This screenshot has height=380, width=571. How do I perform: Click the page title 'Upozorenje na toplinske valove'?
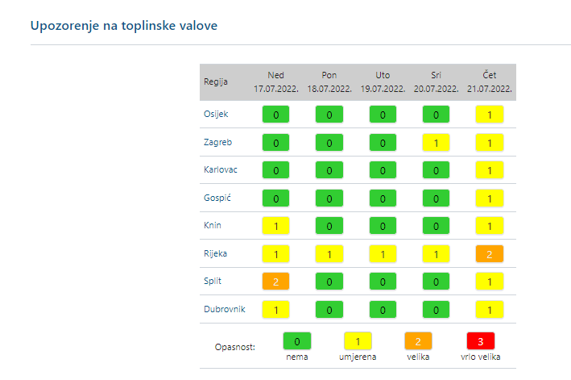[x=124, y=25]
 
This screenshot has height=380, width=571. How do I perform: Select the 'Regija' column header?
[x=215, y=81]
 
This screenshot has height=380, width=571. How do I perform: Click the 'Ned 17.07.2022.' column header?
[x=276, y=81]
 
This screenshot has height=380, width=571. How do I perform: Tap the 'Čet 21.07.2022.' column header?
[x=490, y=81]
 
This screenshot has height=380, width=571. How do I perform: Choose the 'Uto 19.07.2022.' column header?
[x=383, y=81]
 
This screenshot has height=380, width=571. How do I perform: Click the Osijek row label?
[x=216, y=115]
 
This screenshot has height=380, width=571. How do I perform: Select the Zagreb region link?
[x=217, y=142]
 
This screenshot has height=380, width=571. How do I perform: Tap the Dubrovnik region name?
[x=224, y=308]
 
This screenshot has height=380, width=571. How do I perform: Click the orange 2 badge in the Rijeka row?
[x=490, y=254]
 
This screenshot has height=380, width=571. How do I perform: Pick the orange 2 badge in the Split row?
[x=276, y=282]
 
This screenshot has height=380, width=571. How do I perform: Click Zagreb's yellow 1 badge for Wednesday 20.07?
[x=436, y=143]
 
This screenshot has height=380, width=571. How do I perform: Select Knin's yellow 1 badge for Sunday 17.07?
[x=276, y=226]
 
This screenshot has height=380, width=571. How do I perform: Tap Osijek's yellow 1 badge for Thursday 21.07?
[x=490, y=115]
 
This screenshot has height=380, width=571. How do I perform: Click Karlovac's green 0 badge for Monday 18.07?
[x=329, y=170]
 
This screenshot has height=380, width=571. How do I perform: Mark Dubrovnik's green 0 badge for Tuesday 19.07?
[x=383, y=309]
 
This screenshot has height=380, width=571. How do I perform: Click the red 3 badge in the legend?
[x=480, y=341]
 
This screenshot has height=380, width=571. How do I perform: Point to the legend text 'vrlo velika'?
[x=480, y=356]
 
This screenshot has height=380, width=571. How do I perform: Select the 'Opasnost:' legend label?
[x=235, y=347]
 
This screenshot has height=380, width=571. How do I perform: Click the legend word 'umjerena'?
[x=358, y=356]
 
